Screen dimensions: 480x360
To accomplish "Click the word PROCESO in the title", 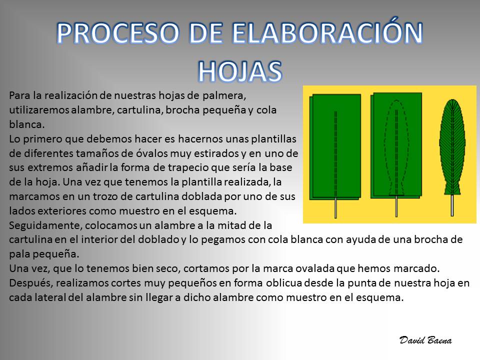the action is [117, 33].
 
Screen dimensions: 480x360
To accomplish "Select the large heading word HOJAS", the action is [239, 71].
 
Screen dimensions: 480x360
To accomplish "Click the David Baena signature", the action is [425, 340].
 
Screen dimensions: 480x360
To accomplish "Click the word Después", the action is [29, 283].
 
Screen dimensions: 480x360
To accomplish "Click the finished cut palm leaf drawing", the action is [452, 147].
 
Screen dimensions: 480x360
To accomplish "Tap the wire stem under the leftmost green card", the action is [336, 207].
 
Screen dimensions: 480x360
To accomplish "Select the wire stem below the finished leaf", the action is [452, 205].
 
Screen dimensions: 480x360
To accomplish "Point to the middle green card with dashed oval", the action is [396, 145].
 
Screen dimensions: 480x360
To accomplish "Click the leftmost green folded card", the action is [335, 147].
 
